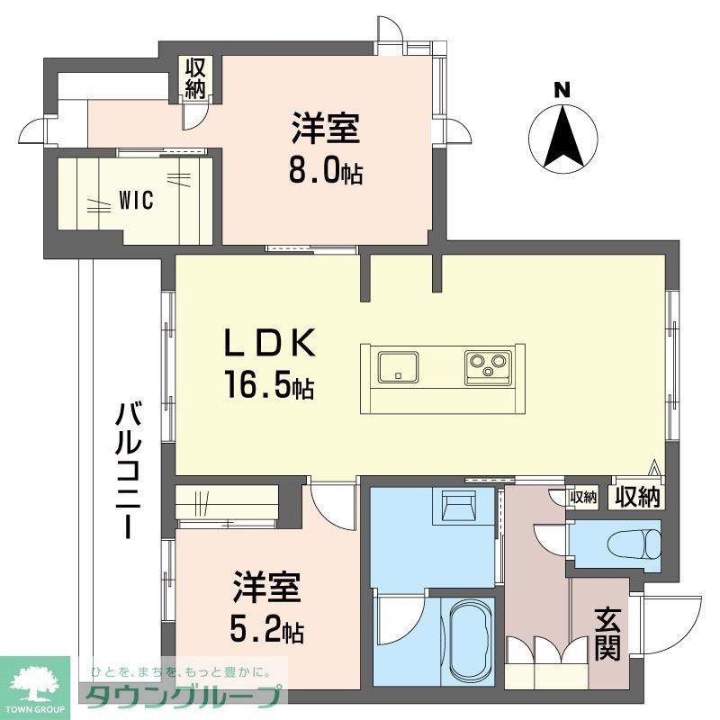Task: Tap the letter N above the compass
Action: click(562, 89)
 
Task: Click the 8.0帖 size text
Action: click(325, 171)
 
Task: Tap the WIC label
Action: click(136, 200)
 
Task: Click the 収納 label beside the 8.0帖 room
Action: click(195, 79)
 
